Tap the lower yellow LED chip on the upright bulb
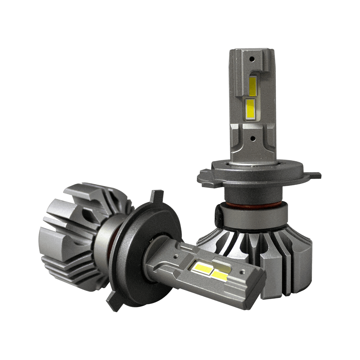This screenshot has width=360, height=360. click(250, 108)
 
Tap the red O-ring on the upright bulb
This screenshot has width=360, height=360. click(252, 204)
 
